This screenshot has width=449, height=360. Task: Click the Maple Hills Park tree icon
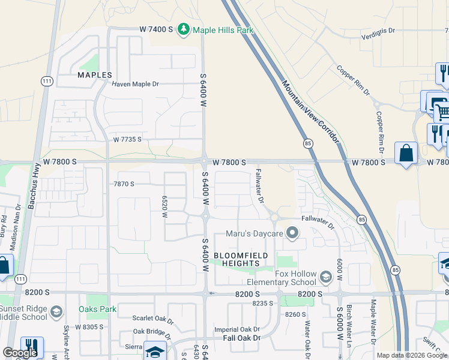coord(184,29)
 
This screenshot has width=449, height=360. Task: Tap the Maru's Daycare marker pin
coord(292,232)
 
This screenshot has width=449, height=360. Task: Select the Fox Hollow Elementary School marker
coord(325,277)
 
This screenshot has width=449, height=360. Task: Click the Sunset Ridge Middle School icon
coord(56,311)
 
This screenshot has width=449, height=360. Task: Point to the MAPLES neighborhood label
coord(95,75)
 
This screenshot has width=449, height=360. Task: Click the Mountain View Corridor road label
coord(310,112)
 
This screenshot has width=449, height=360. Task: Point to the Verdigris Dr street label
coord(378,30)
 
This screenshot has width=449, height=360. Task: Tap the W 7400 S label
coord(156,29)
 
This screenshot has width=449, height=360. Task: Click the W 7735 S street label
coord(127,139)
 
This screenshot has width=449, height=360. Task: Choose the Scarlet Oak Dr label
coord(152,319)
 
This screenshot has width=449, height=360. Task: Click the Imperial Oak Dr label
coord(237,329)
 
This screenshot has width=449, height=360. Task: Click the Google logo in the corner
coord(20,353)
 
